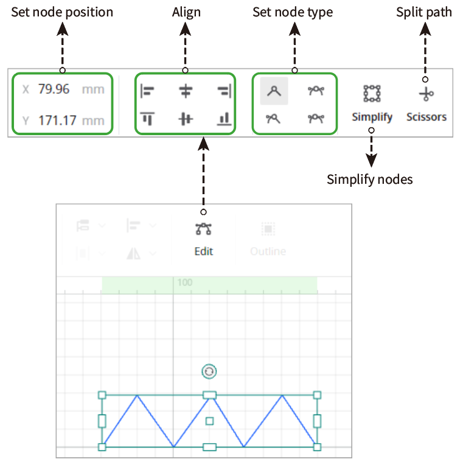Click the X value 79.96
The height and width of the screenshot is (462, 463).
coord(54,89)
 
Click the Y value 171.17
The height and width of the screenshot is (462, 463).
coord(57,121)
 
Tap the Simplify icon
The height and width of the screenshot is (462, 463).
coord(372,94)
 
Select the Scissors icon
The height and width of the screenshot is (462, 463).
coord(426,94)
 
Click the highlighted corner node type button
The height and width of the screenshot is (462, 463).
coord(274,91)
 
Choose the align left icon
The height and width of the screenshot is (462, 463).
coord(147,91)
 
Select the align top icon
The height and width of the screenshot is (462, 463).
coord(147,119)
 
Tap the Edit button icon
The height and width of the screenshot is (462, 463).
coord(203,229)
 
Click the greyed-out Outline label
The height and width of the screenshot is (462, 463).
coord(268,251)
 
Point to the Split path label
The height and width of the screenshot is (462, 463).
coord(424,12)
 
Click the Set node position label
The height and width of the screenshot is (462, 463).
coord(62,12)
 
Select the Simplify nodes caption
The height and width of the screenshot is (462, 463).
coord(370,179)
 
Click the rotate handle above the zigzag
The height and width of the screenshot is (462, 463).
coord(209,371)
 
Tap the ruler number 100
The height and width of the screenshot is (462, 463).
coord(184,283)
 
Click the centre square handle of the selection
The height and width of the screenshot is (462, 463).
coord(209,421)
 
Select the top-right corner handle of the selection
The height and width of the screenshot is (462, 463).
coord(316,394)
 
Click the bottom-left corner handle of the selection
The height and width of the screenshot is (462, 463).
coord(102,447)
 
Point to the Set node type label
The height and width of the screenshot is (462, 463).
coord(293,12)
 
